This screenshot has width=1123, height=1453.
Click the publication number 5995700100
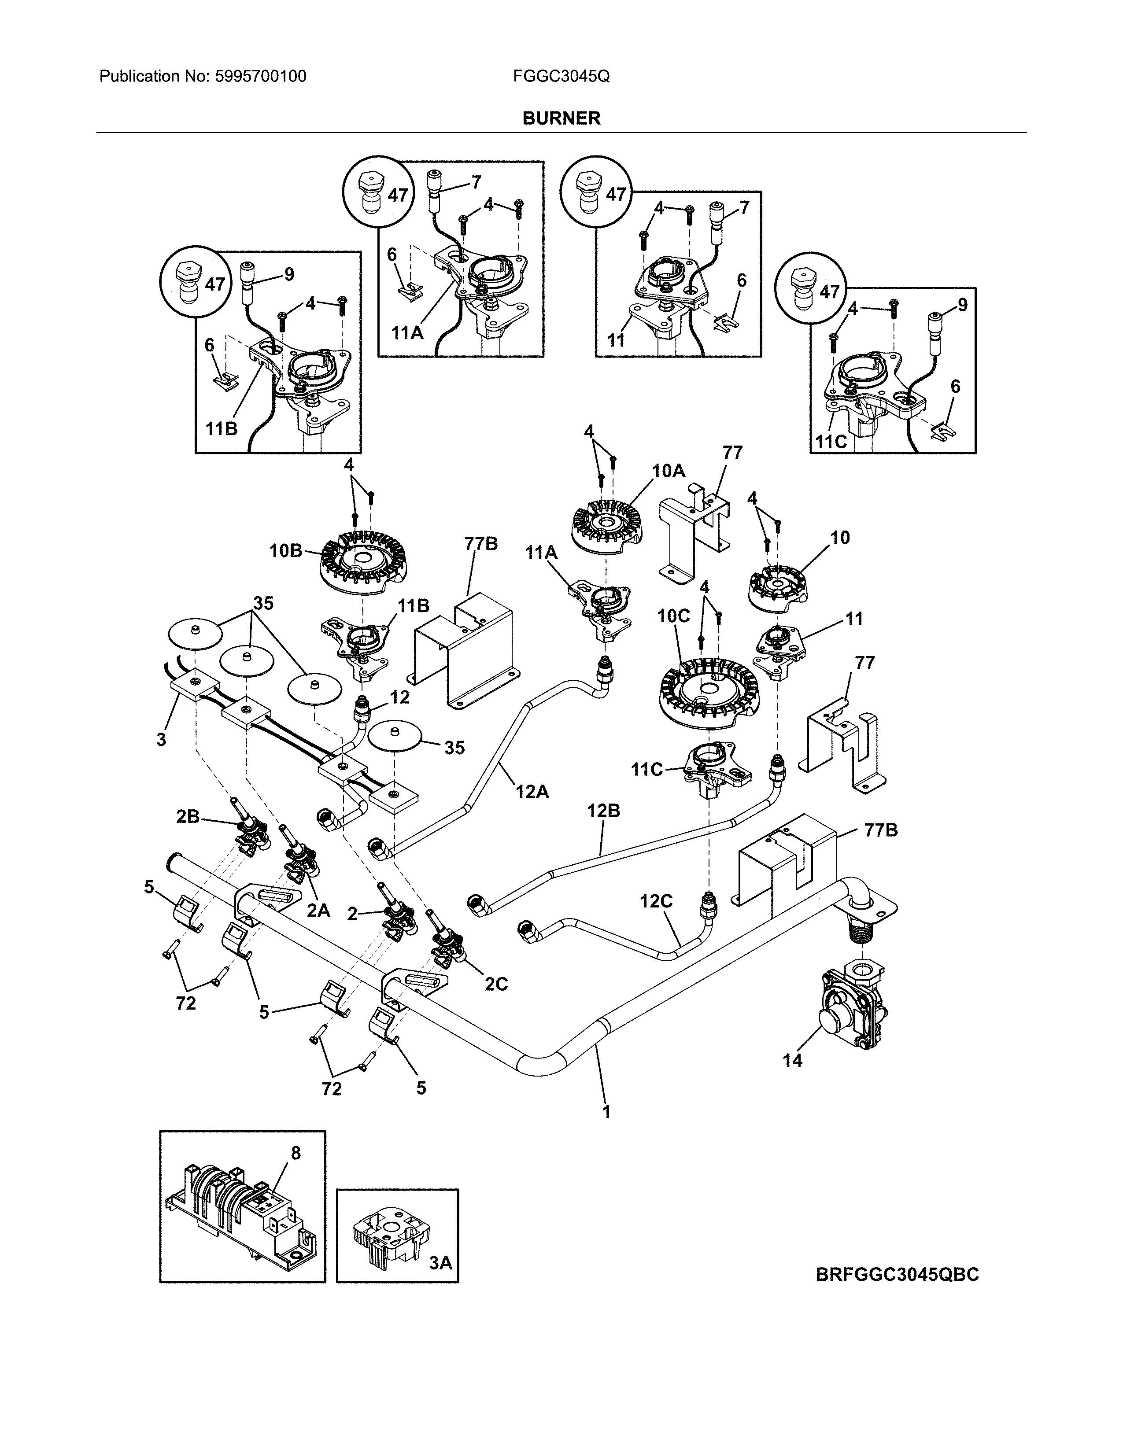tap(261, 77)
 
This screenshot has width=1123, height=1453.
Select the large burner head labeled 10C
tap(710, 695)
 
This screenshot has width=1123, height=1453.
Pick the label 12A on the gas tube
tap(532, 792)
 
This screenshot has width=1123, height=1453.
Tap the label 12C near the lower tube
tap(656, 901)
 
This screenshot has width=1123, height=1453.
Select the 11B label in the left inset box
tap(221, 428)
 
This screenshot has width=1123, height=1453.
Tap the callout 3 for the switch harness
tap(161, 739)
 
